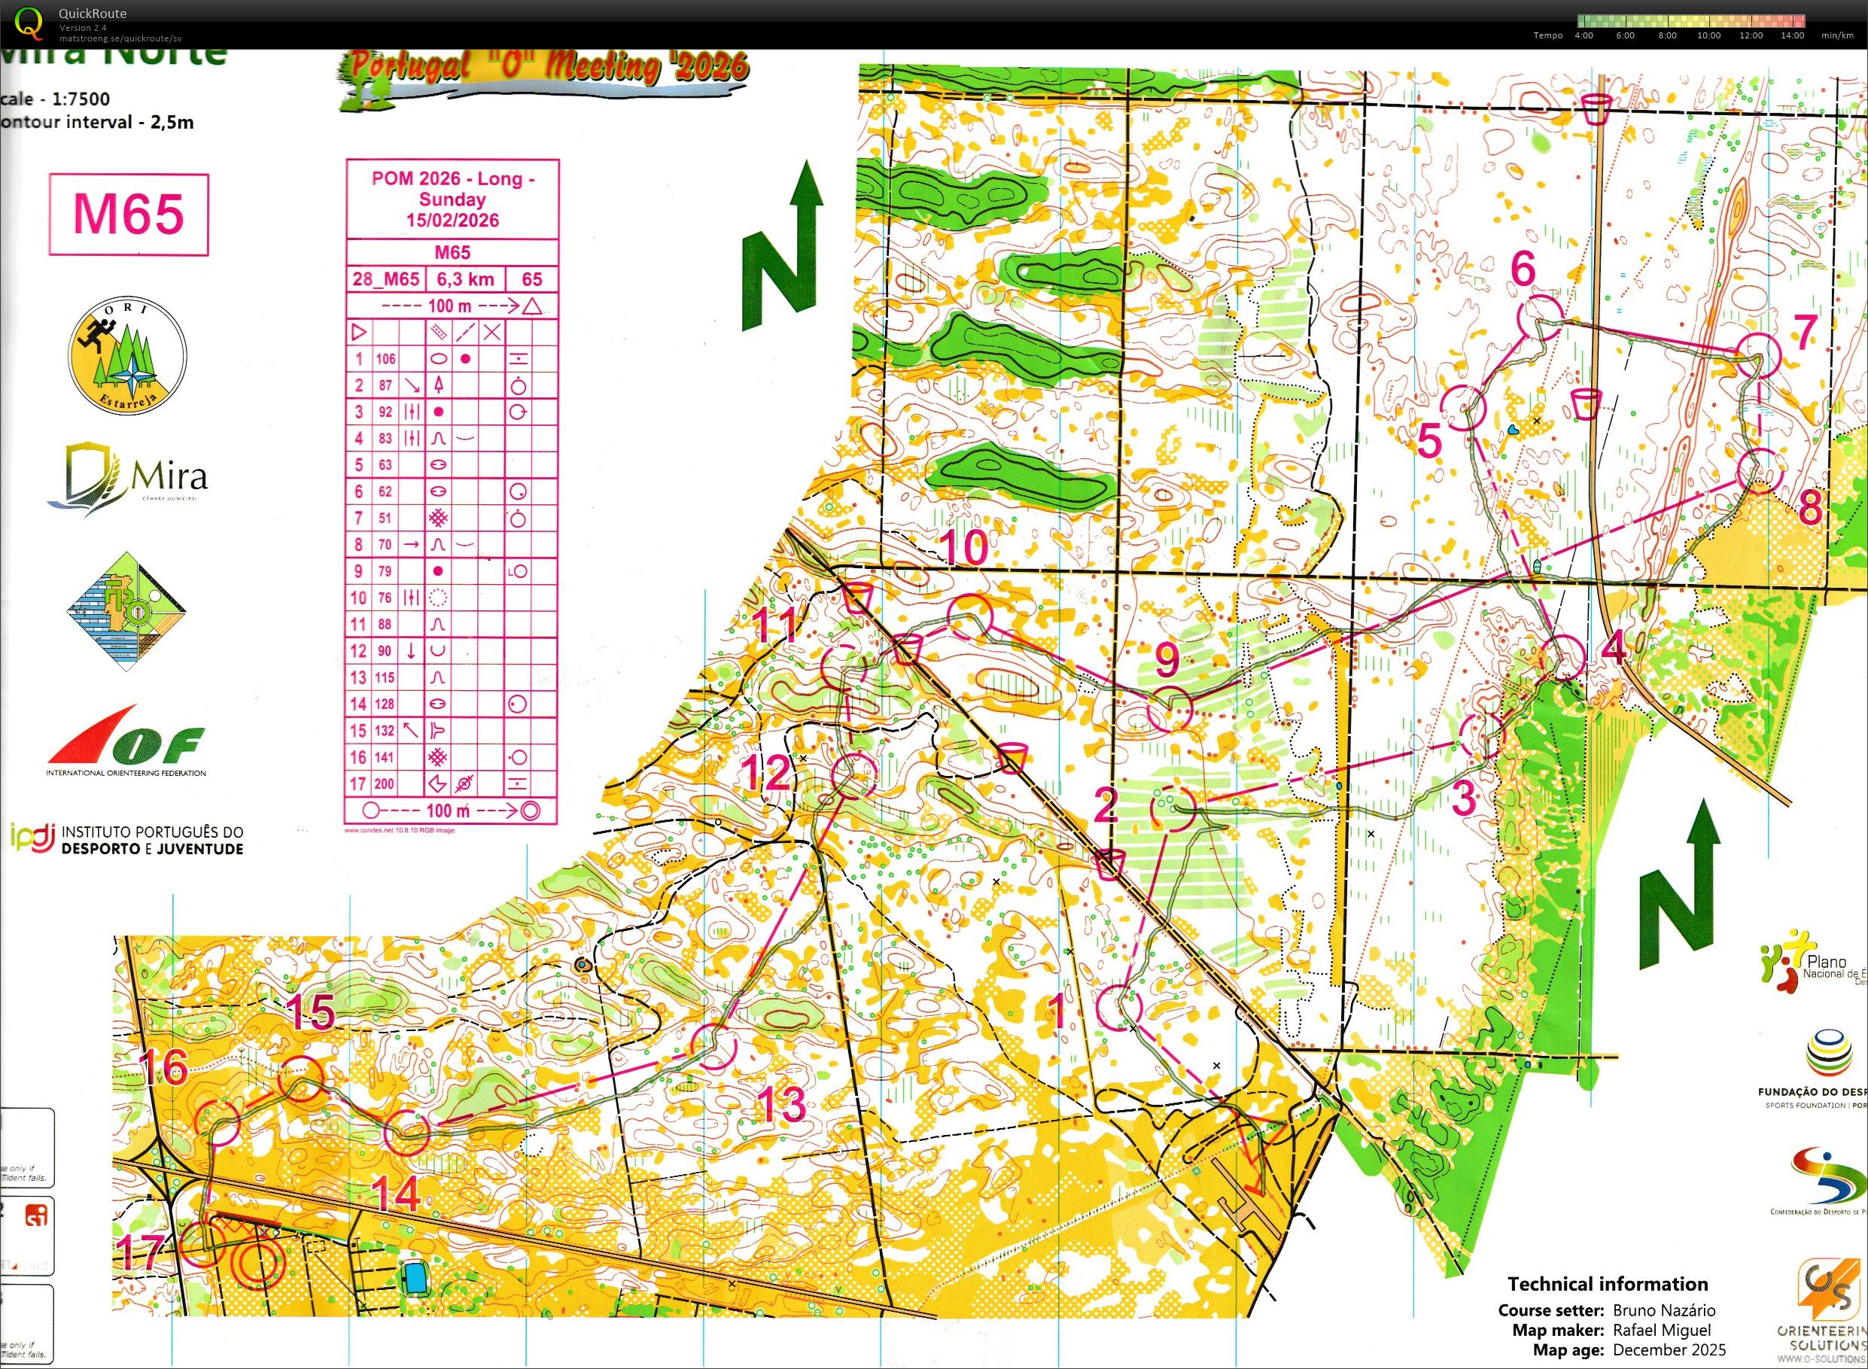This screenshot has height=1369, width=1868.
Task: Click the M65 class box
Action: (x=129, y=214)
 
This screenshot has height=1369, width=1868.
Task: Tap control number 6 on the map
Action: (x=1523, y=269)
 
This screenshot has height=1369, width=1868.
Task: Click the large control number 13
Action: (x=781, y=1104)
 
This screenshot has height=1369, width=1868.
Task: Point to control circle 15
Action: (x=301, y=1079)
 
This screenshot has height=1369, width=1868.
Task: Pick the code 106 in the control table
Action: (x=385, y=359)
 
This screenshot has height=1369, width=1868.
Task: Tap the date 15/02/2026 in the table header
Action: (x=452, y=221)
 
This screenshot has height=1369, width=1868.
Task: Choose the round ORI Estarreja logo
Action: (x=126, y=356)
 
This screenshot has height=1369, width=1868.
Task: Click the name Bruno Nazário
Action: (x=1663, y=1310)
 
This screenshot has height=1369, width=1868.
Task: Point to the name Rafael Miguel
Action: (x=1662, y=1330)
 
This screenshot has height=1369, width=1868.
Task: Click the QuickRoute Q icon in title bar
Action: (x=29, y=23)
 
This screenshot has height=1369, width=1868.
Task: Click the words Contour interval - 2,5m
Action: (x=99, y=123)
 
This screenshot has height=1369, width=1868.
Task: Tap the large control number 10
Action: (x=966, y=548)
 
